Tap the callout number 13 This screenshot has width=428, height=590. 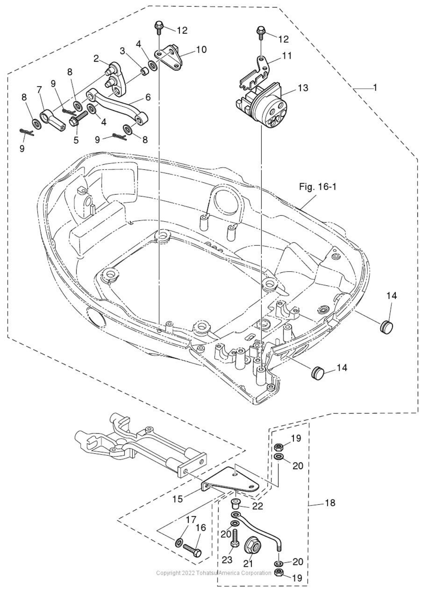coord(303,88)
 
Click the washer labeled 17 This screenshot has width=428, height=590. coord(179,541)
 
